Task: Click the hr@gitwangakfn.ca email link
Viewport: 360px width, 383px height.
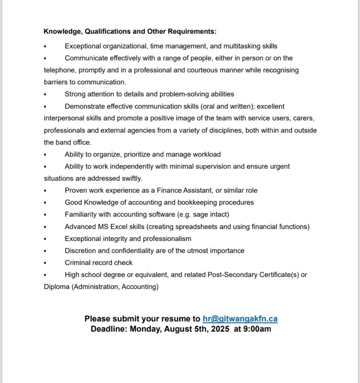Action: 240,319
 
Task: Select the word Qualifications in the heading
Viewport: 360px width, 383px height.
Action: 111,31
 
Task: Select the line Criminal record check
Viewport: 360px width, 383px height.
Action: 98,263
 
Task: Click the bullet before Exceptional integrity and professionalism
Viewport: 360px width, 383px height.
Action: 45,239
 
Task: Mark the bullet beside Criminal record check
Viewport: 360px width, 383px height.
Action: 45,263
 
